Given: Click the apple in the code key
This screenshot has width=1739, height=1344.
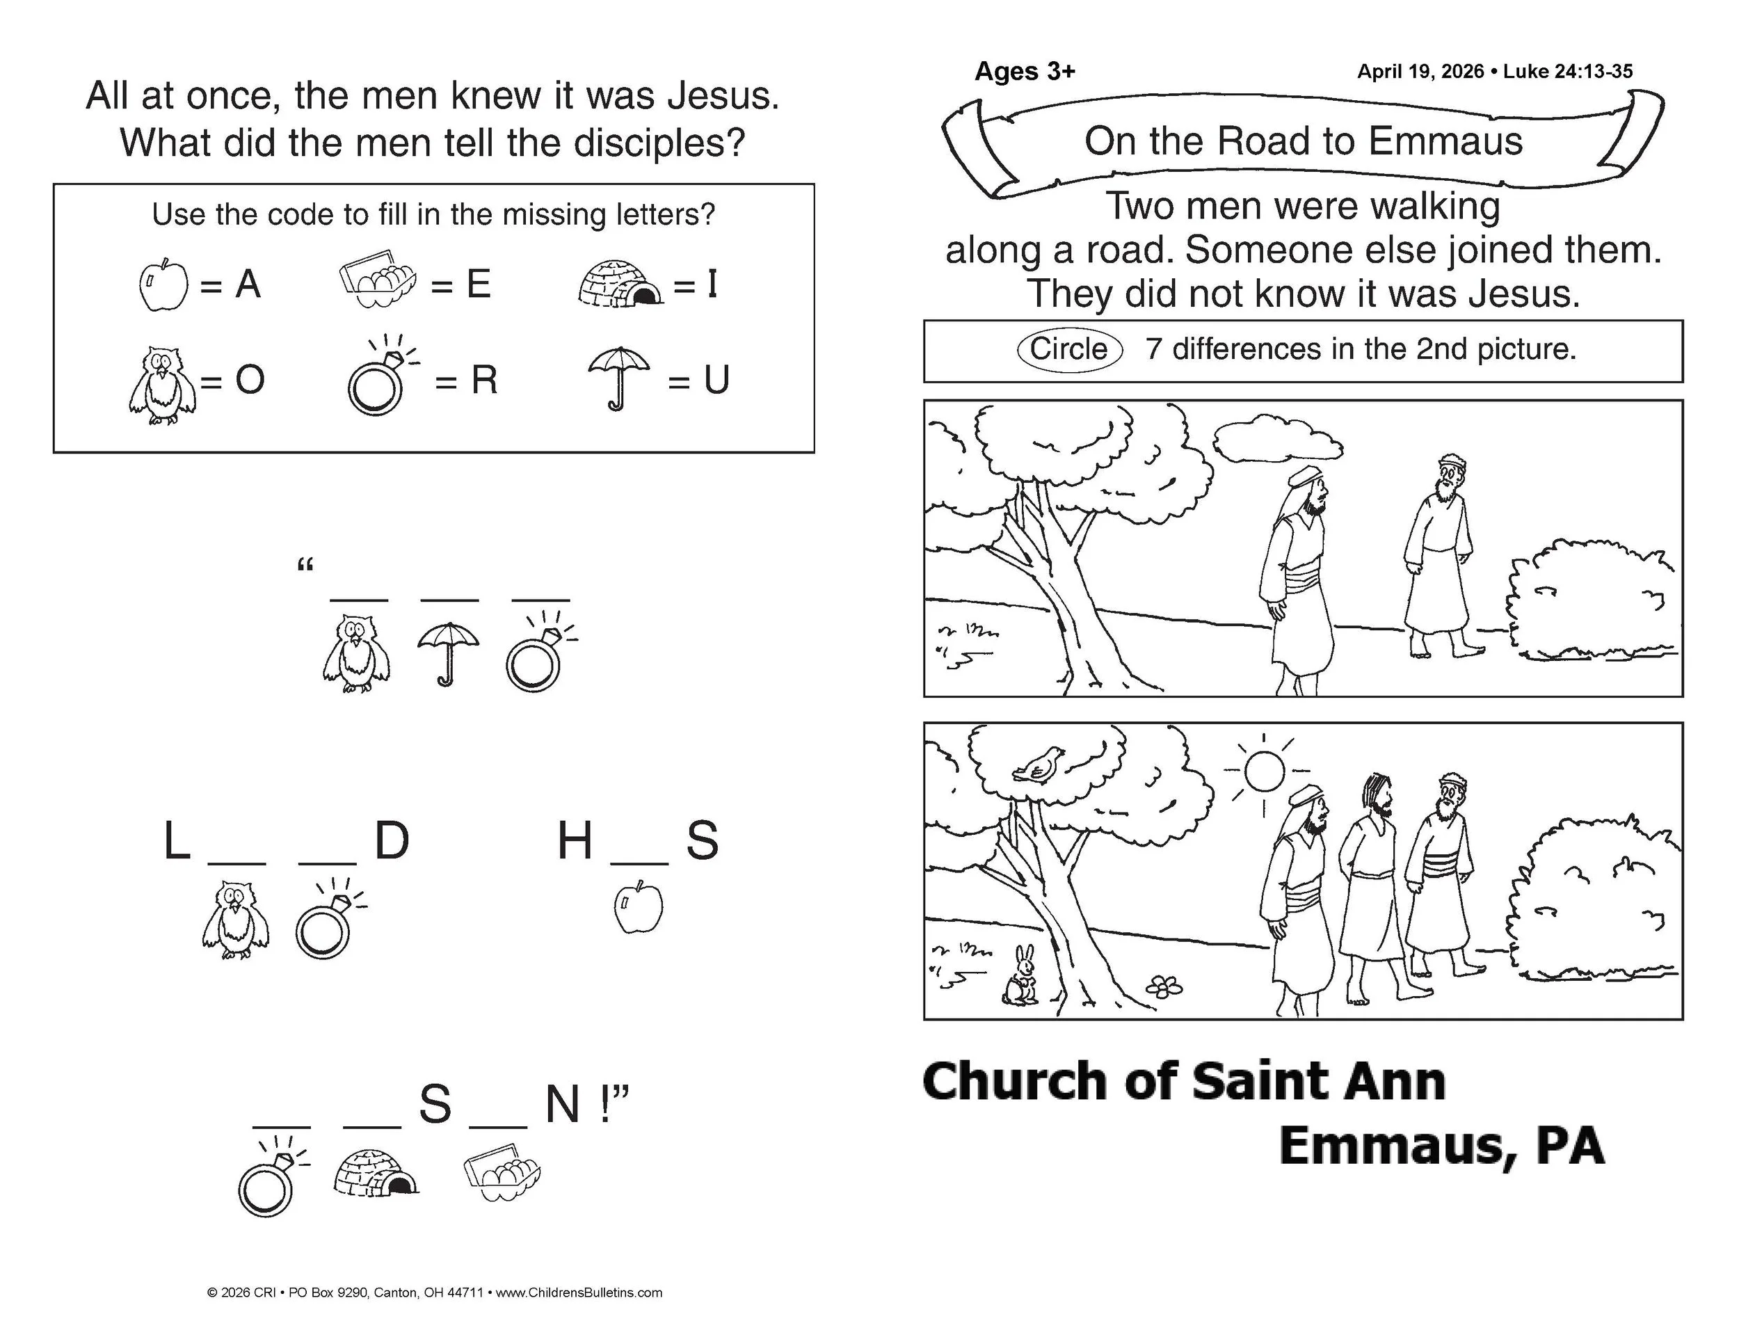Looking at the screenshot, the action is pos(164,285).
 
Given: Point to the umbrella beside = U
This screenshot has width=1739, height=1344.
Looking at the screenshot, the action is pos(618,376).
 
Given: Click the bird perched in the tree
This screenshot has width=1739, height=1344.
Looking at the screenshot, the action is pos(1039,766).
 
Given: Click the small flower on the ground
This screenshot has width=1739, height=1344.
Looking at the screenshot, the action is pos(1164,986).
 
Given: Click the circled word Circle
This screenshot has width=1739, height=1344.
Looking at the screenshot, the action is pos(1068,349).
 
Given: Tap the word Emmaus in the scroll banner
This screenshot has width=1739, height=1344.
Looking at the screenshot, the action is pos(1445,141).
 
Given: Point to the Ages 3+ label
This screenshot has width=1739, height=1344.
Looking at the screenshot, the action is pos(1025,72).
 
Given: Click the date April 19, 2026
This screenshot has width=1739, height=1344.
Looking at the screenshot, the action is pos(1420,72).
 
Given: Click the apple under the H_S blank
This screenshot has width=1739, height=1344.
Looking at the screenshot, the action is pos(639,906).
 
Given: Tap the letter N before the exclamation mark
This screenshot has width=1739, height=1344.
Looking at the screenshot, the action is pos(562,1104).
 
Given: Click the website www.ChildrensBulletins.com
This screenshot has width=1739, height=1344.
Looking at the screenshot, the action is pos(579,1293).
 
